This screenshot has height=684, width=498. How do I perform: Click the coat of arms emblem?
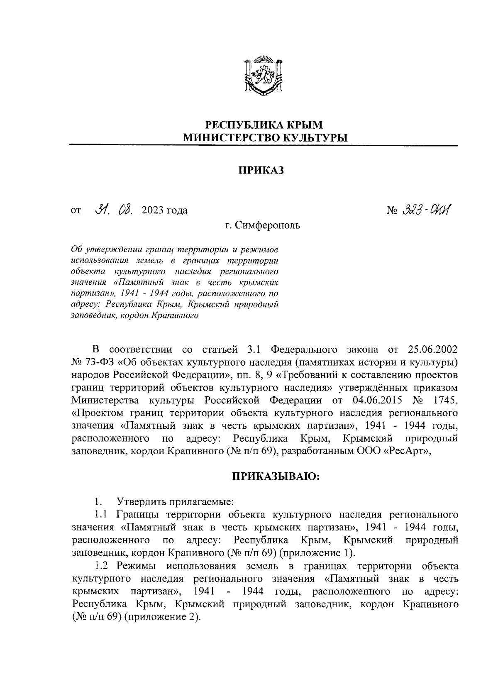click(x=263, y=74)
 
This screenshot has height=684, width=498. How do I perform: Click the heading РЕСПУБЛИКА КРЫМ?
click(x=264, y=125)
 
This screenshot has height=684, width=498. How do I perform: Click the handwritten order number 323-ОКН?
click(x=427, y=210)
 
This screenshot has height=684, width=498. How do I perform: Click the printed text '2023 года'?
click(x=164, y=210)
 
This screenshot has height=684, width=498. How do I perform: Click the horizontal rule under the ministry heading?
click(x=264, y=145)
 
